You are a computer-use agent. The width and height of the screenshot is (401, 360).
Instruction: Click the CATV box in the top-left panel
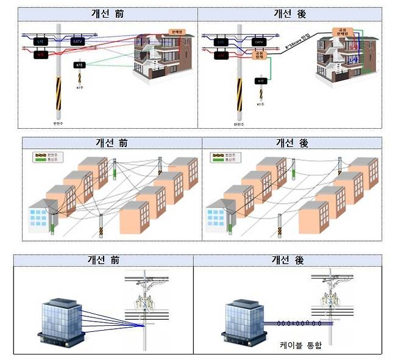click(x=77, y=41)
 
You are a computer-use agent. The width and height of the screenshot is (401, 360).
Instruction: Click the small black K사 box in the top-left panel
click(x=79, y=65)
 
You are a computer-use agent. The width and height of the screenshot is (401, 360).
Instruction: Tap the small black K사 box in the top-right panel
click(x=261, y=81)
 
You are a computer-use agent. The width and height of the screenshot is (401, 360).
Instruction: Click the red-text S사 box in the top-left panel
click(x=40, y=54)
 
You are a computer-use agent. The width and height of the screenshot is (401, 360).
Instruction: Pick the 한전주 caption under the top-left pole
click(x=59, y=122)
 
